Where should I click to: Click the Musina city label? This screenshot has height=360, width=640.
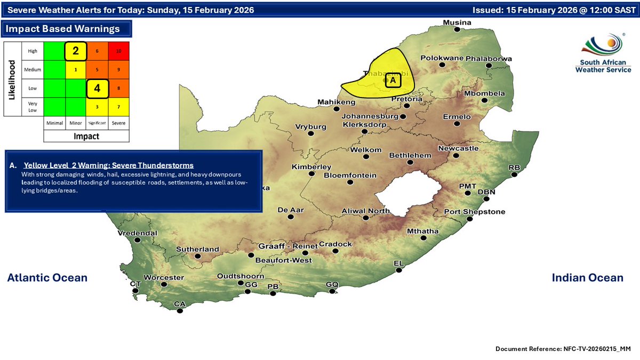458,22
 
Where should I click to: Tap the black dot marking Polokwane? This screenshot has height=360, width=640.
442,65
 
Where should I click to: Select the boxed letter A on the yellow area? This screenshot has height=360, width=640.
393,80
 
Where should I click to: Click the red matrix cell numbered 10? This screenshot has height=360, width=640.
119,51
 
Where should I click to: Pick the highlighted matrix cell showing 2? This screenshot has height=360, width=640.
76,51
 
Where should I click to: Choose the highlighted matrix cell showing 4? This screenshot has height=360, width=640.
98,89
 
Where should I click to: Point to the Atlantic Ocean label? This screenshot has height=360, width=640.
47,277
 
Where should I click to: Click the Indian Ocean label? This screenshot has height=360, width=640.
587,277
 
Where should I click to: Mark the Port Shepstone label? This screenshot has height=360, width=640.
475,212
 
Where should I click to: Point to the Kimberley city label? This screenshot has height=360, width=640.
311,167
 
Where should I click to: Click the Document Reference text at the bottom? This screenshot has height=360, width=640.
563,348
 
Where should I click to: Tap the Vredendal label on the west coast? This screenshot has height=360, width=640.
138,233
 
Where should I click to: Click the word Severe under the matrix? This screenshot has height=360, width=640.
119,123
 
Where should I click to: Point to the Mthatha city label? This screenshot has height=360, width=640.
422,231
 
